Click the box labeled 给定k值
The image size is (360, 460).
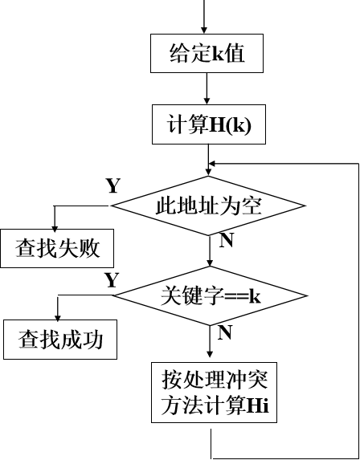click(x=207, y=54)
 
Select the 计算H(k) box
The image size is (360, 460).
click(x=207, y=124)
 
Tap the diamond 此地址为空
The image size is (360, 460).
click(x=208, y=206)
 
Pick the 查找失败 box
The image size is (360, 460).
click(x=57, y=248)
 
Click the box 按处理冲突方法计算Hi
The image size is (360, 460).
click(x=212, y=392)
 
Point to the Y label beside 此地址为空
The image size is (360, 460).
click(x=113, y=185)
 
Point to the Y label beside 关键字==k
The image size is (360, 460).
click(x=112, y=279)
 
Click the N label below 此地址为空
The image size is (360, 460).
click(x=226, y=240)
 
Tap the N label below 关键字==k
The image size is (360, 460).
click(x=226, y=331)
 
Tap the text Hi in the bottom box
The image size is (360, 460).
click(x=257, y=405)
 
